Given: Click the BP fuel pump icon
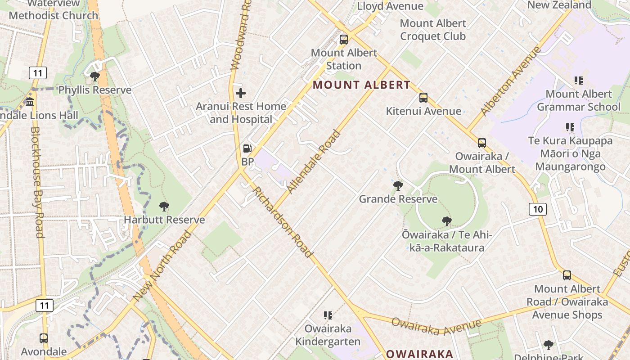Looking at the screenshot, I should tap(247, 148).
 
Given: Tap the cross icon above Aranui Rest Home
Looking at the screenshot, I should tap(241, 93).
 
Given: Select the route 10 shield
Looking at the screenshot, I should tap(538, 209).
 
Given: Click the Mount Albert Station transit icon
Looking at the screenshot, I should tap(344, 40).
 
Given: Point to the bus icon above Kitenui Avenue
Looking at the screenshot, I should tap(423, 98).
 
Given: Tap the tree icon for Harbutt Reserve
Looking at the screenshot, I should tap(164, 207).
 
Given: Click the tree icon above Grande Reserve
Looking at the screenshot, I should tap(398, 185).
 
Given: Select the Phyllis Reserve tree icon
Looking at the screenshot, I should tap(94, 76).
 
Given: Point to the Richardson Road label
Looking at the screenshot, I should tap(283, 222).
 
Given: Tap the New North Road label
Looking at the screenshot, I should tap(162, 266).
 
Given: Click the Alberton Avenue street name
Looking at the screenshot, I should tap(510, 81).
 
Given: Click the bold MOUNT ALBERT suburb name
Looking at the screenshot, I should tap(361, 85).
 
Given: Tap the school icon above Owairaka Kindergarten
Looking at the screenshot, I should tap(328, 315).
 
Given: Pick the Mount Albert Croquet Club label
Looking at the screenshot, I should tap(432, 29).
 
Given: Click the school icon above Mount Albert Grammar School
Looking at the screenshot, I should tap(578, 81).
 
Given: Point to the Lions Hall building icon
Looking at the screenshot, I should tap(30, 102).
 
